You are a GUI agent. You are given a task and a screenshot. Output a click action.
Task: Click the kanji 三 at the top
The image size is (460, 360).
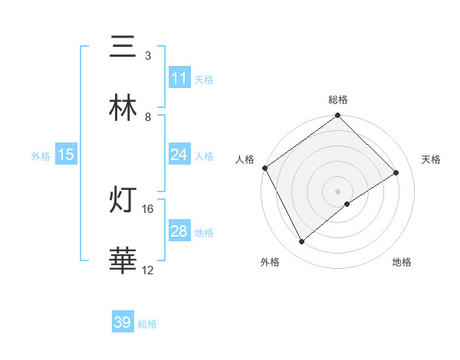pyautogui.click(x=123, y=47)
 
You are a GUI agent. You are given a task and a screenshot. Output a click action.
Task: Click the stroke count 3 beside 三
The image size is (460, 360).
pyautogui.click(x=147, y=56)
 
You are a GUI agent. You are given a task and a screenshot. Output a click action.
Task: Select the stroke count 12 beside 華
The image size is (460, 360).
pyautogui.click(x=148, y=270)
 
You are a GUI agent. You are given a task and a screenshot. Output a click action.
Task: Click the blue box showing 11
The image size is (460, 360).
pyautogui.click(x=179, y=78)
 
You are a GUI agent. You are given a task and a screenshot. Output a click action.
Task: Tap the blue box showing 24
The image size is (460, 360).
pyautogui.click(x=179, y=155)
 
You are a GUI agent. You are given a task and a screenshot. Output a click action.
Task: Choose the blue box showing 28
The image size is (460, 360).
pyautogui.click(x=179, y=231)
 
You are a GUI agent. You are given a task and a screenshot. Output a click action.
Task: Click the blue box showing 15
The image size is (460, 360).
pyautogui.click(x=65, y=155)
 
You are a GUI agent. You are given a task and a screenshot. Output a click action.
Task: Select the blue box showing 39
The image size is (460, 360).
pyautogui.click(x=123, y=322)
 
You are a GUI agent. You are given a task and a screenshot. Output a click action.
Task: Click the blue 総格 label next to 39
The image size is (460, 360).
pyautogui.click(x=148, y=324)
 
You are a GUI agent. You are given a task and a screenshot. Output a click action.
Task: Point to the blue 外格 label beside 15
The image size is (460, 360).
pyautogui.click(x=41, y=155)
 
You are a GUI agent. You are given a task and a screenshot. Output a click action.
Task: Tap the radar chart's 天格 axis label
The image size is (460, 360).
pyautogui.click(x=432, y=159)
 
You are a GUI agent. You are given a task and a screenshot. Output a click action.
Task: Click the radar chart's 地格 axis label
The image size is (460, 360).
pyautogui.click(x=402, y=262)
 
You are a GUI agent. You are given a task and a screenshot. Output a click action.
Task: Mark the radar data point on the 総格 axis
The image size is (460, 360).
pyautogui.click(x=337, y=116)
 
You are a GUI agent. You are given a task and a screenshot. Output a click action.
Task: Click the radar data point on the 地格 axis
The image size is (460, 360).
pyautogui.click(x=347, y=204)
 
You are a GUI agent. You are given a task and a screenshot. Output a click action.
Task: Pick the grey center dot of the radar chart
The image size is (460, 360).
pyautogui.click(x=337, y=190)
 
